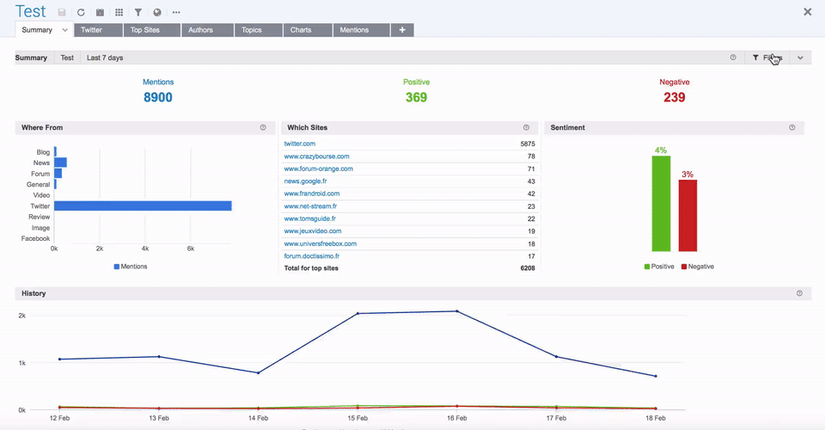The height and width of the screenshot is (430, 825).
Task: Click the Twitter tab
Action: pyautogui.click(x=91, y=30)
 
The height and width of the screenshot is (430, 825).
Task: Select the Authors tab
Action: pyautogui.click(x=200, y=30)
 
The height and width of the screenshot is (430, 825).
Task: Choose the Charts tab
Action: pyautogui.click(x=301, y=30)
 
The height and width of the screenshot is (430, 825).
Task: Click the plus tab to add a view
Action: pyautogui.click(x=402, y=30)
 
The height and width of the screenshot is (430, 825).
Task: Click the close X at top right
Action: pyautogui.click(x=807, y=12)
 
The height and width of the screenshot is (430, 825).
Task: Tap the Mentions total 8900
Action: pyautogui.click(x=158, y=97)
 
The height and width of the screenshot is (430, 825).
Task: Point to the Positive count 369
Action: pyautogui.click(x=416, y=97)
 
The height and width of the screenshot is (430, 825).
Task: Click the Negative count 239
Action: pyautogui.click(x=675, y=97)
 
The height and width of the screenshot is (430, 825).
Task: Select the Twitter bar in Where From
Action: pyautogui.click(x=143, y=206)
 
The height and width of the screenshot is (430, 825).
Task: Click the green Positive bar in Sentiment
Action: pyautogui.click(x=661, y=203)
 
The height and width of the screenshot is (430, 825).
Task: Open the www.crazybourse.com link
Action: pyautogui.click(x=316, y=157)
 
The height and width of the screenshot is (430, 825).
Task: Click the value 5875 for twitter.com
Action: pyautogui.click(x=527, y=144)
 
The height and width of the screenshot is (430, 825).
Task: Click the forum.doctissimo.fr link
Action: pyautogui.click(x=312, y=256)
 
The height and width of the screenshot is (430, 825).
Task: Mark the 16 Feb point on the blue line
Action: pyautogui.click(x=457, y=311)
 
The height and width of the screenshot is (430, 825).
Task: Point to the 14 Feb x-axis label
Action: pyautogui.click(x=258, y=418)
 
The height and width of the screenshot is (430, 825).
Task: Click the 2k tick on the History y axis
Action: pyautogui.click(x=21, y=316)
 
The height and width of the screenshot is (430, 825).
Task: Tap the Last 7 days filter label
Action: pyautogui.click(x=105, y=58)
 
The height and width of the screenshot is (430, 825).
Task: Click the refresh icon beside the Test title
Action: pyautogui.click(x=81, y=13)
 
